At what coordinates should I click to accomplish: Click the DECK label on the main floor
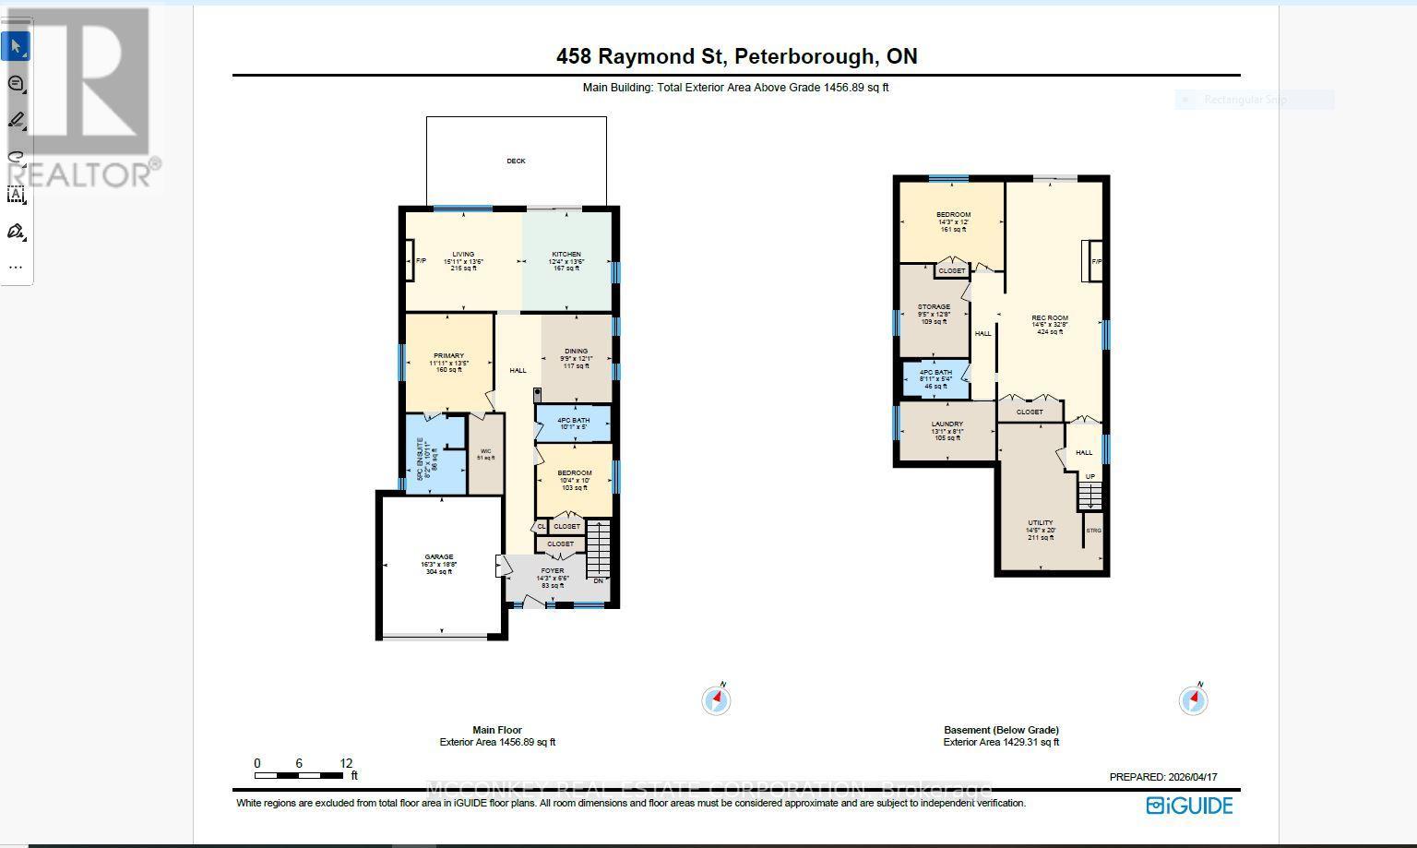point(516,161)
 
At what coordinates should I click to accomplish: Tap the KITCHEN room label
point(566,255)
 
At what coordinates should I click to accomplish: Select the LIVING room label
point(463,255)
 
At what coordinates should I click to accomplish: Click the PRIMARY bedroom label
point(448,356)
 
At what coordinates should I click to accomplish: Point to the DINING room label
point(576,352)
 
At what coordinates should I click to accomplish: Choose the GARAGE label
point(439,557)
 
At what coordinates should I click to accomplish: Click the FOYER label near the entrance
point(552,571)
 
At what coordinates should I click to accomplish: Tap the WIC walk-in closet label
point(485,451)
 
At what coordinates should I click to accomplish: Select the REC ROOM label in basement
point(1050,318)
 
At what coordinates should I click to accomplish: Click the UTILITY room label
point(1041,523)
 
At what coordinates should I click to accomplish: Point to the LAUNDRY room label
point(947,424)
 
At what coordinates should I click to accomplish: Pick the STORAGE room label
point(934,307)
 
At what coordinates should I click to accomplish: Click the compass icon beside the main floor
point(717,700)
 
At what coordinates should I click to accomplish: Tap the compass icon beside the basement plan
point(1194,700)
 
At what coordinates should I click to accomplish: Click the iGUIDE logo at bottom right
point(1189,806)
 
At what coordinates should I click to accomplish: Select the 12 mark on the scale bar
point(346,763)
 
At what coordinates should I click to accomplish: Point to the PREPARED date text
point(1162,777)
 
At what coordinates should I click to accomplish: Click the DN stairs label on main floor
point(598,580)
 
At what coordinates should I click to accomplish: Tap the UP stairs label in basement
point(1090,477)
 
